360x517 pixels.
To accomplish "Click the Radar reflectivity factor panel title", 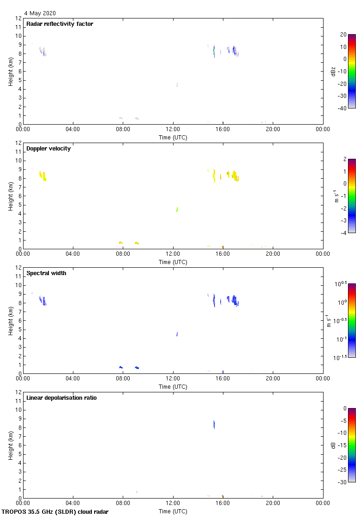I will tap(60, 24).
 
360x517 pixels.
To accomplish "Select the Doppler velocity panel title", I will tap(48, 149).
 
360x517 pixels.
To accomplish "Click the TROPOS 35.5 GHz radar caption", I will tap(55, 512).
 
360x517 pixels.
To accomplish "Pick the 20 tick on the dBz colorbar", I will tap(343, 35).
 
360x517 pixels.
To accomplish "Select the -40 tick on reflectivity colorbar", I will tap(343, 108).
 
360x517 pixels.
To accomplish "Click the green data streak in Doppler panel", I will tap(177, 209).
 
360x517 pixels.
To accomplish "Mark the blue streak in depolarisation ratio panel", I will tap(214, 424).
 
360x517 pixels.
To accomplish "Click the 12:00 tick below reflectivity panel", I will tap(173, 129).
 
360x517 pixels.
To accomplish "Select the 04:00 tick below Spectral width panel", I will tap(73, 379).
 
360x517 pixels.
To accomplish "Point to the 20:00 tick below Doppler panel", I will tap(273, 254).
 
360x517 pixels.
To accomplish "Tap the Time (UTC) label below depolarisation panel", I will tap(173, 511).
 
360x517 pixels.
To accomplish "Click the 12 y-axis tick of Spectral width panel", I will tap(19, 268).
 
